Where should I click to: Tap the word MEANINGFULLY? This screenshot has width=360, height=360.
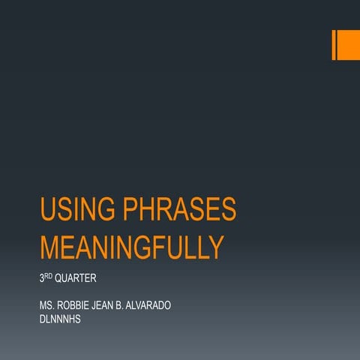tap(131, 247)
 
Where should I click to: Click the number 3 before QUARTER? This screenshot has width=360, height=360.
tap(41, 280)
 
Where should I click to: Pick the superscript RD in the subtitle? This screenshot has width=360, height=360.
tap(49, 277)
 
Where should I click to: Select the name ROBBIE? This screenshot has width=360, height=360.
tap(77, 306)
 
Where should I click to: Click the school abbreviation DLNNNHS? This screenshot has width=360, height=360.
tap(62, 318)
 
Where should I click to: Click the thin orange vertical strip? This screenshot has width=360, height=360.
tap(333, 45)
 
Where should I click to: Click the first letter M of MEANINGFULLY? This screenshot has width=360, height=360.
tap(49, 247)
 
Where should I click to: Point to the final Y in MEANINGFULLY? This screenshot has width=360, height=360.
tap(216, 247)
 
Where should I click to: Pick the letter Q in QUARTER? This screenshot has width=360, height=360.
tap(57, 280)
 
